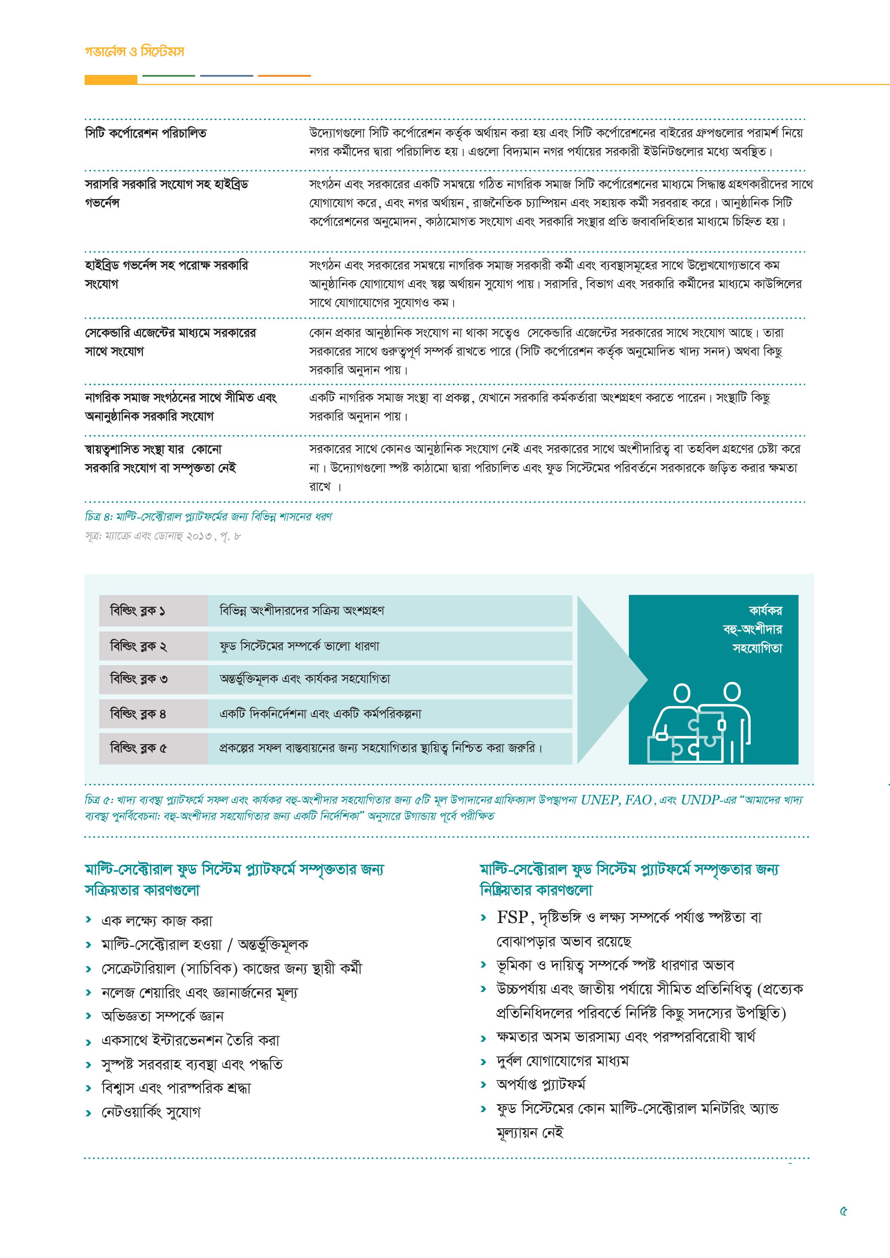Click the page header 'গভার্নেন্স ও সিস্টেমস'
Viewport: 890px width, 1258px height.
134,52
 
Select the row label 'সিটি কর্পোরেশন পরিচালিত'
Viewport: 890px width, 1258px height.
146,133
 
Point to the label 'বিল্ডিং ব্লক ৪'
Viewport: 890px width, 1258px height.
138,714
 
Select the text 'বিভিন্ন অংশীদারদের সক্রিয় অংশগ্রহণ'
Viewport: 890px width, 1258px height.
301,610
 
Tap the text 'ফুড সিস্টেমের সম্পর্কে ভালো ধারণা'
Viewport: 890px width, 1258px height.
299,646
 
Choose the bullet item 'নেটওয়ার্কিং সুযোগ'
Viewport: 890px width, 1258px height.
151,1112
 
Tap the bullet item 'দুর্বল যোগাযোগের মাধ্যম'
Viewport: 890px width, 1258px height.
562,1061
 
